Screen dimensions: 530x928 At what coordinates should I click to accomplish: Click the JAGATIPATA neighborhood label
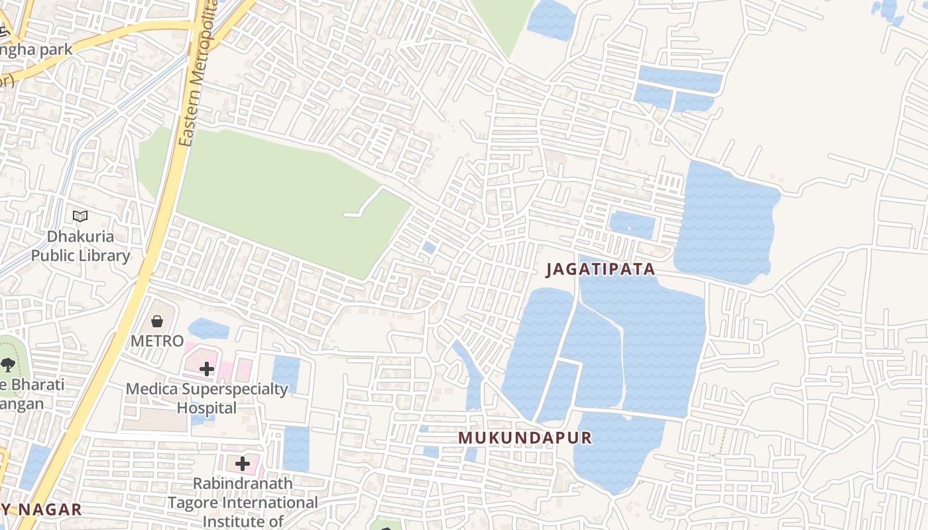tap(601, 270)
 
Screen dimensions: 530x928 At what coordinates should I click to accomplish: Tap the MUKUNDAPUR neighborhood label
tap(525, 438)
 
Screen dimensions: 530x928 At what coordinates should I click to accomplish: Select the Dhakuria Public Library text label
tap(81, 246)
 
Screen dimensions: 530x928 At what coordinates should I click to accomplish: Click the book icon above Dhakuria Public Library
tap(80, 216)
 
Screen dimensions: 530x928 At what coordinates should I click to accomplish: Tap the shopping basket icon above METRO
tap(157, 321)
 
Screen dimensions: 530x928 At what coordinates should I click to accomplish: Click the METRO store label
tap(157, 341)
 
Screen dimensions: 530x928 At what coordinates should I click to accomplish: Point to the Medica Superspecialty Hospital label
tap(207, 397)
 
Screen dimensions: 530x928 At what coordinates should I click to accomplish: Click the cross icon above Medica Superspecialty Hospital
tap(207, 369)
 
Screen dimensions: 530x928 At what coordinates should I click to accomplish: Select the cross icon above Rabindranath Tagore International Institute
tap(243, 464)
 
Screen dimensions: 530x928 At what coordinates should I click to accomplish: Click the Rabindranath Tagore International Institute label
tap(243, 502)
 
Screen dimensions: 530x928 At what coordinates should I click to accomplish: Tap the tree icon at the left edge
tap(8, 364)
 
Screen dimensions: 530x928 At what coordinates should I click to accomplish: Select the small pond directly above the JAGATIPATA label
tap(632, 224)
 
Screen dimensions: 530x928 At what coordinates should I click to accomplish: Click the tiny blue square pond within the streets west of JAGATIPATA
tap(429, 248)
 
